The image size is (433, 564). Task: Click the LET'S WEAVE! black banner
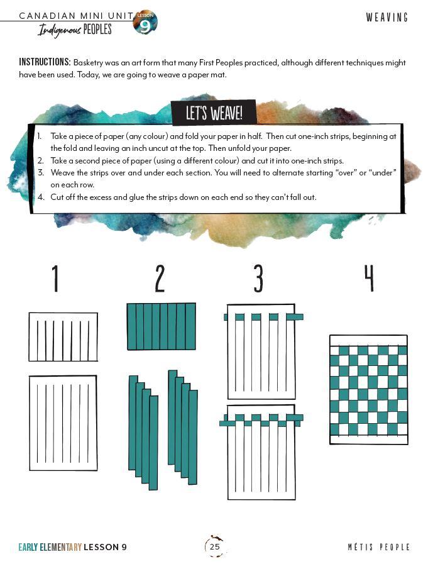(214, 113)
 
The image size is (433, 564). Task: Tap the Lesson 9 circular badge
(145, 22)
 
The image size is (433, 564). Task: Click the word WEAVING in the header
(387, 17)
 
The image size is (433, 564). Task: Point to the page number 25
(215, 547)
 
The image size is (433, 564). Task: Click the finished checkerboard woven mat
(369, 390)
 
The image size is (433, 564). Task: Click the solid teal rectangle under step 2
(162, 326)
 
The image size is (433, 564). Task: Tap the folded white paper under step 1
(63, 336)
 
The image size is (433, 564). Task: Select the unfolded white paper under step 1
(63, 423)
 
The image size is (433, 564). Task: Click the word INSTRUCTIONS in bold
(45, 62)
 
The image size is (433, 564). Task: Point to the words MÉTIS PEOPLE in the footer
(379, 547)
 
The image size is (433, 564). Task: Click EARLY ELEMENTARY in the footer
(50, 547)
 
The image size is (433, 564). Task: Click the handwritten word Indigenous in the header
(60, 30)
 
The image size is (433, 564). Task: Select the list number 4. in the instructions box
(41, 197)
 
